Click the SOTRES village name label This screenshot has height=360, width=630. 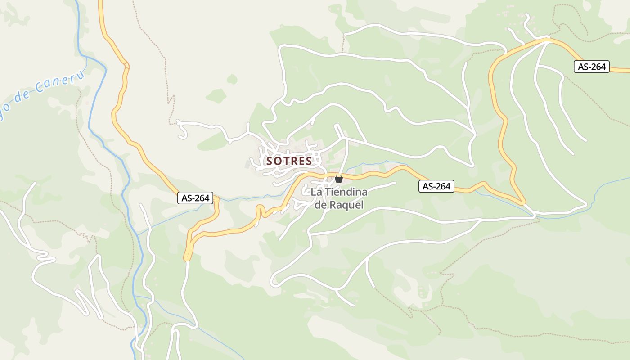(289, 161)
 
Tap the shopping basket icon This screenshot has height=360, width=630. (339, 179)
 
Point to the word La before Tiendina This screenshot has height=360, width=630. (316, 192)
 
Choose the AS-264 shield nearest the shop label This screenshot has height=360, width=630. (436, 186)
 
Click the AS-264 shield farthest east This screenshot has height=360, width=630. (592, 67)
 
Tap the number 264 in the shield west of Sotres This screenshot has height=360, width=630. (202, 198)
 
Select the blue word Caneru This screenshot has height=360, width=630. (60, 83)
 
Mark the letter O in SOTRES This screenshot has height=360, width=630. (279, 161)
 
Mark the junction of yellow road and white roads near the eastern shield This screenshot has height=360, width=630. (547, 40)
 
